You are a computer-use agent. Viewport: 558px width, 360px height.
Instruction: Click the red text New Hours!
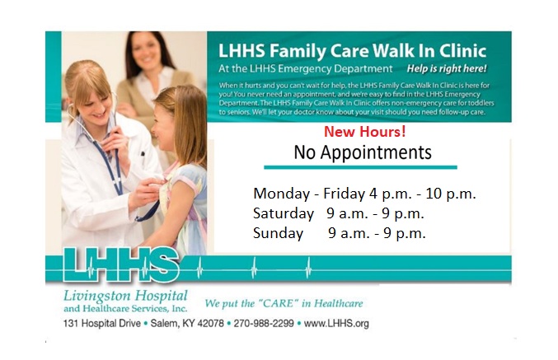coord(364,132)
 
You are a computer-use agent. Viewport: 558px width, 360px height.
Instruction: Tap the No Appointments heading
coord(363,152)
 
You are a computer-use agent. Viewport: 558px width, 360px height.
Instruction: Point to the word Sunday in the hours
coord(278,233)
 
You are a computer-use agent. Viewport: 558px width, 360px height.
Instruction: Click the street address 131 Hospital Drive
coord(101,323)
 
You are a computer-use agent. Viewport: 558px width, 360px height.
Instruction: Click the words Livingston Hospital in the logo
coord(126,296)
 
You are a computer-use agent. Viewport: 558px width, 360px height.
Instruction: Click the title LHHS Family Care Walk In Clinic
coord(352,50)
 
